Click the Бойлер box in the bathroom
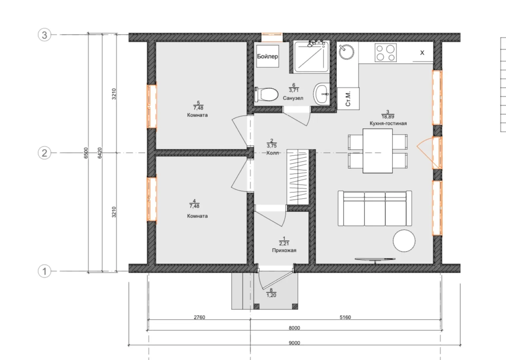[267, 56]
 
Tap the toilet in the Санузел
[266, 95]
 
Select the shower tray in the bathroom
[311, 56]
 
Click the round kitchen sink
[346, 52]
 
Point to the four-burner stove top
[386, 53]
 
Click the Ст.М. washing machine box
[348, 99]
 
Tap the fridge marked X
[422, 53]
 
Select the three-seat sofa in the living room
[375, 208]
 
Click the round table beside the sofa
[404, 241]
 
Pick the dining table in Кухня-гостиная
[377, 151]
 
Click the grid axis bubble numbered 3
[44, 35]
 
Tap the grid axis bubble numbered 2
[44, 153]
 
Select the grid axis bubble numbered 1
[44, 271]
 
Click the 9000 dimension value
[294, 343]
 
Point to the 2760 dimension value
[200, 317]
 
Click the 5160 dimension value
[345, 317]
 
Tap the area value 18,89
[388, 117]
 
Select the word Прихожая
[284, 250]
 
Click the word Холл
[272, 153]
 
